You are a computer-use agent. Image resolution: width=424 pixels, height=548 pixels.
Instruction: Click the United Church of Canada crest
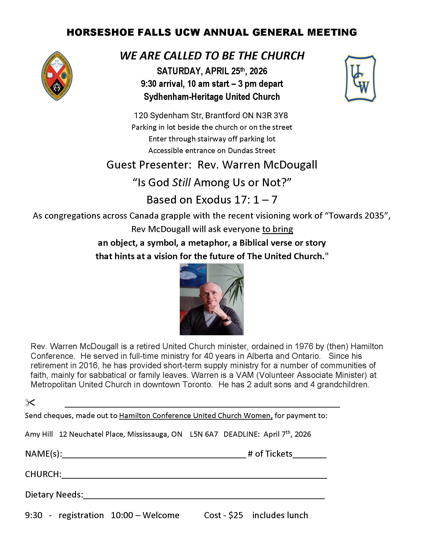[57, 76]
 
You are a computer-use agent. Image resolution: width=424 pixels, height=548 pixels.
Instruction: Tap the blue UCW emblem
[360, 78]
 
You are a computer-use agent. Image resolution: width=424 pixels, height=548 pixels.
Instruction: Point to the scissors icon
[30, 403]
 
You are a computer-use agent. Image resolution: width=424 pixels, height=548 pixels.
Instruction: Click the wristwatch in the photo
[228, 319]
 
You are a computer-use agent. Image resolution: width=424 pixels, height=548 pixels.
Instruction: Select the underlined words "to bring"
[277, 229]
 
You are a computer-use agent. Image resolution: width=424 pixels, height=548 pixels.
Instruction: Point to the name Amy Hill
[39, 434]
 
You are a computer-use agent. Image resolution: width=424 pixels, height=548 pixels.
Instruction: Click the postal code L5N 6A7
[204, 434]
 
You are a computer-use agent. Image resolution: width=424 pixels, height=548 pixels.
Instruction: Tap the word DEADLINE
[241, 434]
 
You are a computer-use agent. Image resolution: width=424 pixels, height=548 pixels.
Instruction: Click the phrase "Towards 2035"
[356, 216]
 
